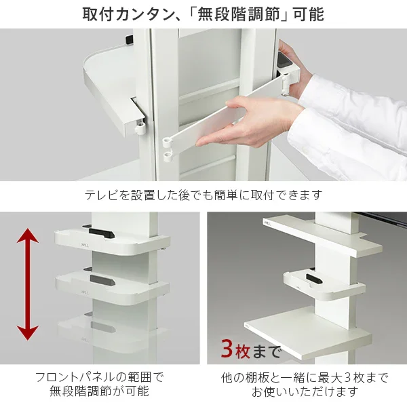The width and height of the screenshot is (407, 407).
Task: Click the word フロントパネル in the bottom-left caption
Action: click(x=78, y=377)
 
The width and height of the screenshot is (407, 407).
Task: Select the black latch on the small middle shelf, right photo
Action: click(x=313, y=277)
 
